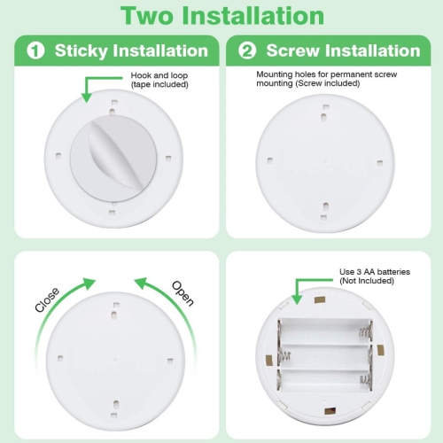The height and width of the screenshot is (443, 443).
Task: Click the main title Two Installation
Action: tap(221, 16)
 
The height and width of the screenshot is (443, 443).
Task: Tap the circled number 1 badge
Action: tap(35, 51)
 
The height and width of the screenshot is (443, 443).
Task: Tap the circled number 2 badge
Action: tap(247, 51)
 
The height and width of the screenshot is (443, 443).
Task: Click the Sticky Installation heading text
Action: tap(131, 51)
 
